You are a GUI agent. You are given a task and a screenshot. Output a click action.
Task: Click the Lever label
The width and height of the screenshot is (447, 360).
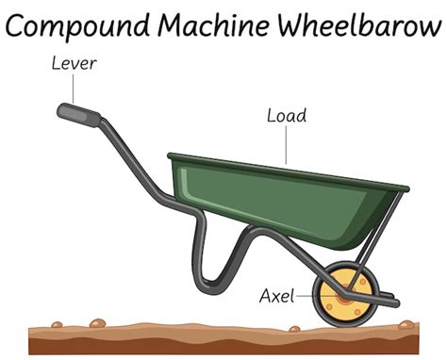click(x=74, y=64)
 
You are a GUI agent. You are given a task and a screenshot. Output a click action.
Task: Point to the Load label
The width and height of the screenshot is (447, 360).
click(x=286, y=116)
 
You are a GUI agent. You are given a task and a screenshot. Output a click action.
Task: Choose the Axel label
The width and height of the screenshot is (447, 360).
click(x=276, y=296)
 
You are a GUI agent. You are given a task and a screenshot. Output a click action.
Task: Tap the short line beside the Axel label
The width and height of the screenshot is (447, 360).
click(x=307, y=297)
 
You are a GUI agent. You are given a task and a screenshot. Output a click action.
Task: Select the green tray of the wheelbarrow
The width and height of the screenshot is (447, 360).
click(x=283, y=193)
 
